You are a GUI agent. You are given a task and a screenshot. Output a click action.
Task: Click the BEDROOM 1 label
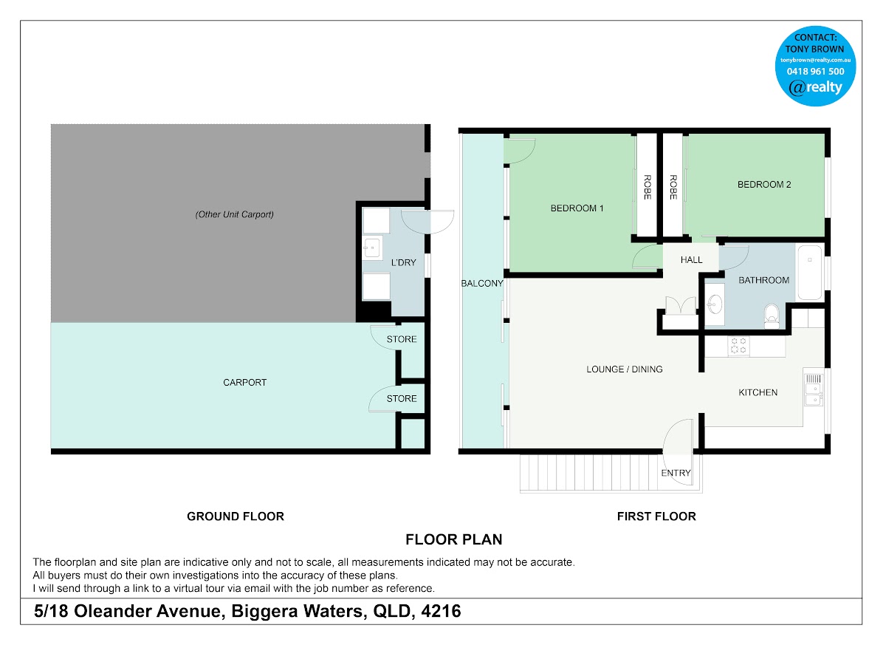click(x=577, y=208)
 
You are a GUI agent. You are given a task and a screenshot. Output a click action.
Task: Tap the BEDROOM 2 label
click(x=764, y=185)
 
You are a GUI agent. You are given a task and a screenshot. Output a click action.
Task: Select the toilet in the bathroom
click(x=772, y=315)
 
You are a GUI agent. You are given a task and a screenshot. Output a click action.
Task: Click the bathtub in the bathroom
click(x=810, y=272)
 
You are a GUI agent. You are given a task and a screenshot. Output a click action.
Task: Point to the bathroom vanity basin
click(x=715, y=305)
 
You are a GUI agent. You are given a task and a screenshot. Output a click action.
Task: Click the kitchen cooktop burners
click(x=738, y=346)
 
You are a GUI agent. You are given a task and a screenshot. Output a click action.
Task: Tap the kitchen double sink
click(x=814, y=394)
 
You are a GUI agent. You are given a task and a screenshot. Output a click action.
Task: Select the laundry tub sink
click(x=372, y=248)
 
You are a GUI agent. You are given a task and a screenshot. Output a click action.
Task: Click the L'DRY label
click(x=403, y=263)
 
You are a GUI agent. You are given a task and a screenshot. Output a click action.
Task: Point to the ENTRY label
click(x=676, y=473)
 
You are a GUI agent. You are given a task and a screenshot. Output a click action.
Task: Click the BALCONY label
click(x=482, y=283)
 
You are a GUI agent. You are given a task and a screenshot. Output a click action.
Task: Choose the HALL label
click(x=691, y=260)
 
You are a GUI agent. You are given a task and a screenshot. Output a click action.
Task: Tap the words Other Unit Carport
click(x=235, y=214)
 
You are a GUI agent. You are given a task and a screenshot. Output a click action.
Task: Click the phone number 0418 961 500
click(x=816, y=72)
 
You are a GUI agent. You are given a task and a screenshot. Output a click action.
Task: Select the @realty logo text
click(x=816, y=87)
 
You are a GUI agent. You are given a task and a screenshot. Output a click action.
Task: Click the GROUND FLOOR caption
click(x=236, y=516)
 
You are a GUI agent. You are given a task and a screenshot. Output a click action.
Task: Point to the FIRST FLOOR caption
click(x=656, y=516)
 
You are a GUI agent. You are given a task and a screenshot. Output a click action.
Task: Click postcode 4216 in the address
click(x=441, y=611)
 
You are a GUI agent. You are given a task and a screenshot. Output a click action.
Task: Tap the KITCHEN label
click(x=758, y=392)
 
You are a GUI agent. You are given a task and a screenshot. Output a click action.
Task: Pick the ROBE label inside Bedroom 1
click(x=647, y=187)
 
